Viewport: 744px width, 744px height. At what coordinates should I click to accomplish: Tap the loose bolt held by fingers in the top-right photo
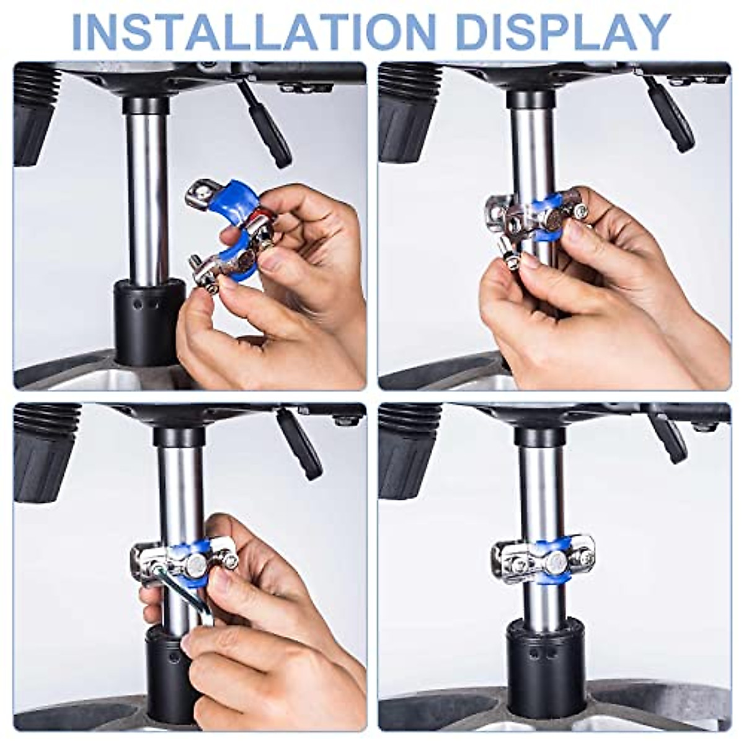click(510, 254)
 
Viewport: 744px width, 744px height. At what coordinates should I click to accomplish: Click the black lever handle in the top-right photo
click(670, 115)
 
